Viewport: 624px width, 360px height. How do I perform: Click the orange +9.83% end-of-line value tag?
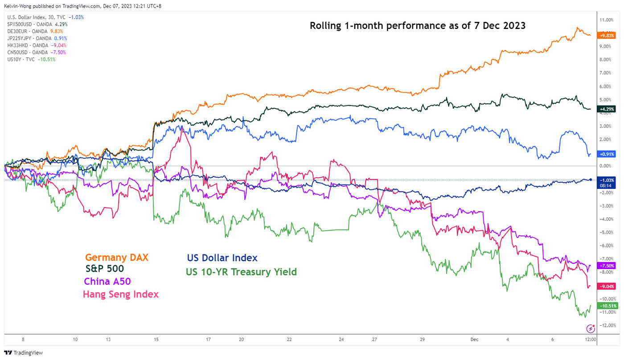coord(606,35)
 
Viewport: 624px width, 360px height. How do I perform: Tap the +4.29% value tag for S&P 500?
coord(606,109)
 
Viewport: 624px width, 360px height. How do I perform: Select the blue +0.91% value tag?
coord(606,154)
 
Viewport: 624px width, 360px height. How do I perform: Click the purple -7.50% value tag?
coord(606,266)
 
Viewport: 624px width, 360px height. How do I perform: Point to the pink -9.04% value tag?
coord(606,286)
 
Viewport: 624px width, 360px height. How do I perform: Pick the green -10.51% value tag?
coord(606,306)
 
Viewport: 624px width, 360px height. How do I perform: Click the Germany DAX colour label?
coord(117,258)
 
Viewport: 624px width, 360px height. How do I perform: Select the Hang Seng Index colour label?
coord(120,295)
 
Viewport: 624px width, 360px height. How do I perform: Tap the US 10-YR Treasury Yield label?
coord(242,272)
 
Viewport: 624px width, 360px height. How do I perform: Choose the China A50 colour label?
coord(107,282)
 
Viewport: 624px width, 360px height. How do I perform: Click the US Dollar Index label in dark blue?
coord(222,258)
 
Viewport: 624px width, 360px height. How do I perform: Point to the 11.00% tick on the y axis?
coord(608,20)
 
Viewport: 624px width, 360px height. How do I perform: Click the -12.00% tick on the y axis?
coord(608,325)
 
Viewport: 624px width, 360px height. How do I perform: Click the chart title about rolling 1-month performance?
coord(418,26)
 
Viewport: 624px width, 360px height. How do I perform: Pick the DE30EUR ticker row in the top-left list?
coord(35,31)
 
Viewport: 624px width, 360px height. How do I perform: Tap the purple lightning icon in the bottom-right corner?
coord(591,328)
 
